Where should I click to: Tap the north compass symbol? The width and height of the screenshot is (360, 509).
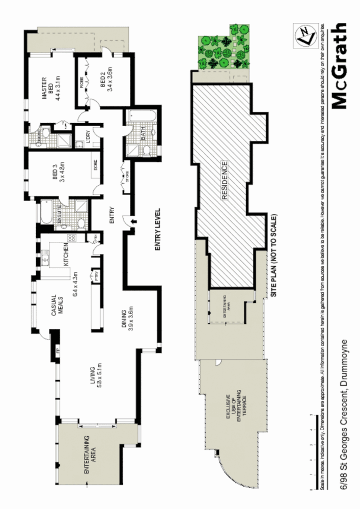click(304, 36)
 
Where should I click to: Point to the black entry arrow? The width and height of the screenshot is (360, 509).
click(132, 221)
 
